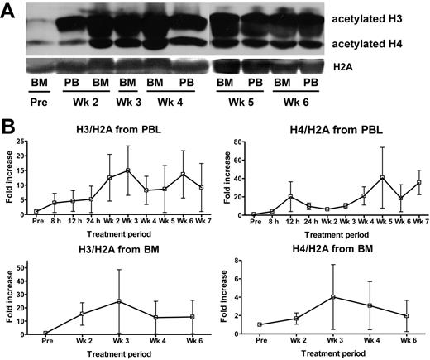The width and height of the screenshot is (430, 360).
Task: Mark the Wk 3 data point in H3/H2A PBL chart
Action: pyautogui.click(x=128, y=171)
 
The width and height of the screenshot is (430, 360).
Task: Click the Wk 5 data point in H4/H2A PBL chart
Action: pyautogui.click(x=360, y=178)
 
